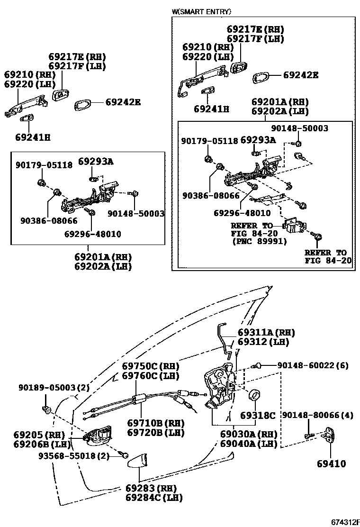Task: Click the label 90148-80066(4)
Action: pos(317,416)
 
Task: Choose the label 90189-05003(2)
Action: pos(54,387)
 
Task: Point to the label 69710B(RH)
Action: pos(155,423)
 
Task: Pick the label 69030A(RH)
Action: pos(248,435)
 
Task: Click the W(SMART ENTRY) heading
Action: pos(202,11)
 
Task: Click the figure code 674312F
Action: pos(339,521)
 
